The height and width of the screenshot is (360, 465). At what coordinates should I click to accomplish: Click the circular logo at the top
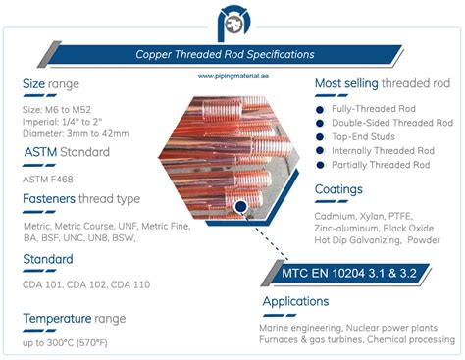coord(232,21)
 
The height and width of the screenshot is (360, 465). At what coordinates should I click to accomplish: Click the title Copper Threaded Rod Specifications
coord(232,56)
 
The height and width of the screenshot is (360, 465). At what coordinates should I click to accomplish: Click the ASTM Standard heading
coord(67,153)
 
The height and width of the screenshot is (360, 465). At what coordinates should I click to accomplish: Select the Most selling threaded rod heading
coord(382,85)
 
